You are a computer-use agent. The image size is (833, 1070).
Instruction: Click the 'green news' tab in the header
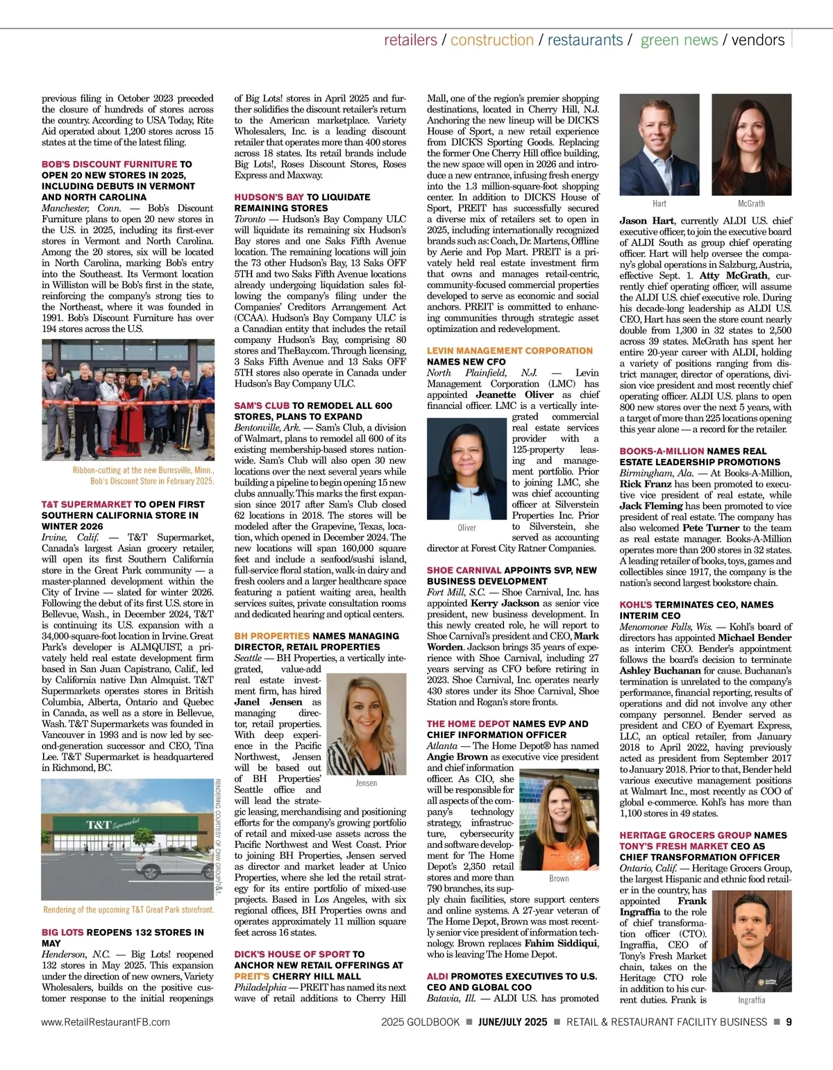[x=679, y=40]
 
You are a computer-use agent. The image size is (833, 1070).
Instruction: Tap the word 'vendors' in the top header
[x=758, y=40]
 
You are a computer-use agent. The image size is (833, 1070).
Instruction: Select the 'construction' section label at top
[x=491, y=40]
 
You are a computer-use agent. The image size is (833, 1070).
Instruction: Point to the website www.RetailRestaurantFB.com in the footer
[x=106, y=1021]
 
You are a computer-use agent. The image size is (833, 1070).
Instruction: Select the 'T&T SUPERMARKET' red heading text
[x=86, y=504]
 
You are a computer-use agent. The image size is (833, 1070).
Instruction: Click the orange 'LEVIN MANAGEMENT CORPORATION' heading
[x=510, y=351]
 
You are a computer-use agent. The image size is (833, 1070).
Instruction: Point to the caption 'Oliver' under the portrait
[x=467, y=528]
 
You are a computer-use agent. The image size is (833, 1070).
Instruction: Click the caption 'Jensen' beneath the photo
[x=366, y=783]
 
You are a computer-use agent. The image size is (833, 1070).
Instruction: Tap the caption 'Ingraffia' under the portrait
[x=752, y=1000]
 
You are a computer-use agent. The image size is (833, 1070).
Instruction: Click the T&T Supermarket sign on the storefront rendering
[x=112, y=826]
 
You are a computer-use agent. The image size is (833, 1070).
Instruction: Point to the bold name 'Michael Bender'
[x=755, y=637]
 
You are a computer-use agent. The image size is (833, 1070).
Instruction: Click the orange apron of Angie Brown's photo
[x=559, y=853]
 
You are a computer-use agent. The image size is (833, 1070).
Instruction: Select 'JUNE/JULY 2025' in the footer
[x=513, y=1021]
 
